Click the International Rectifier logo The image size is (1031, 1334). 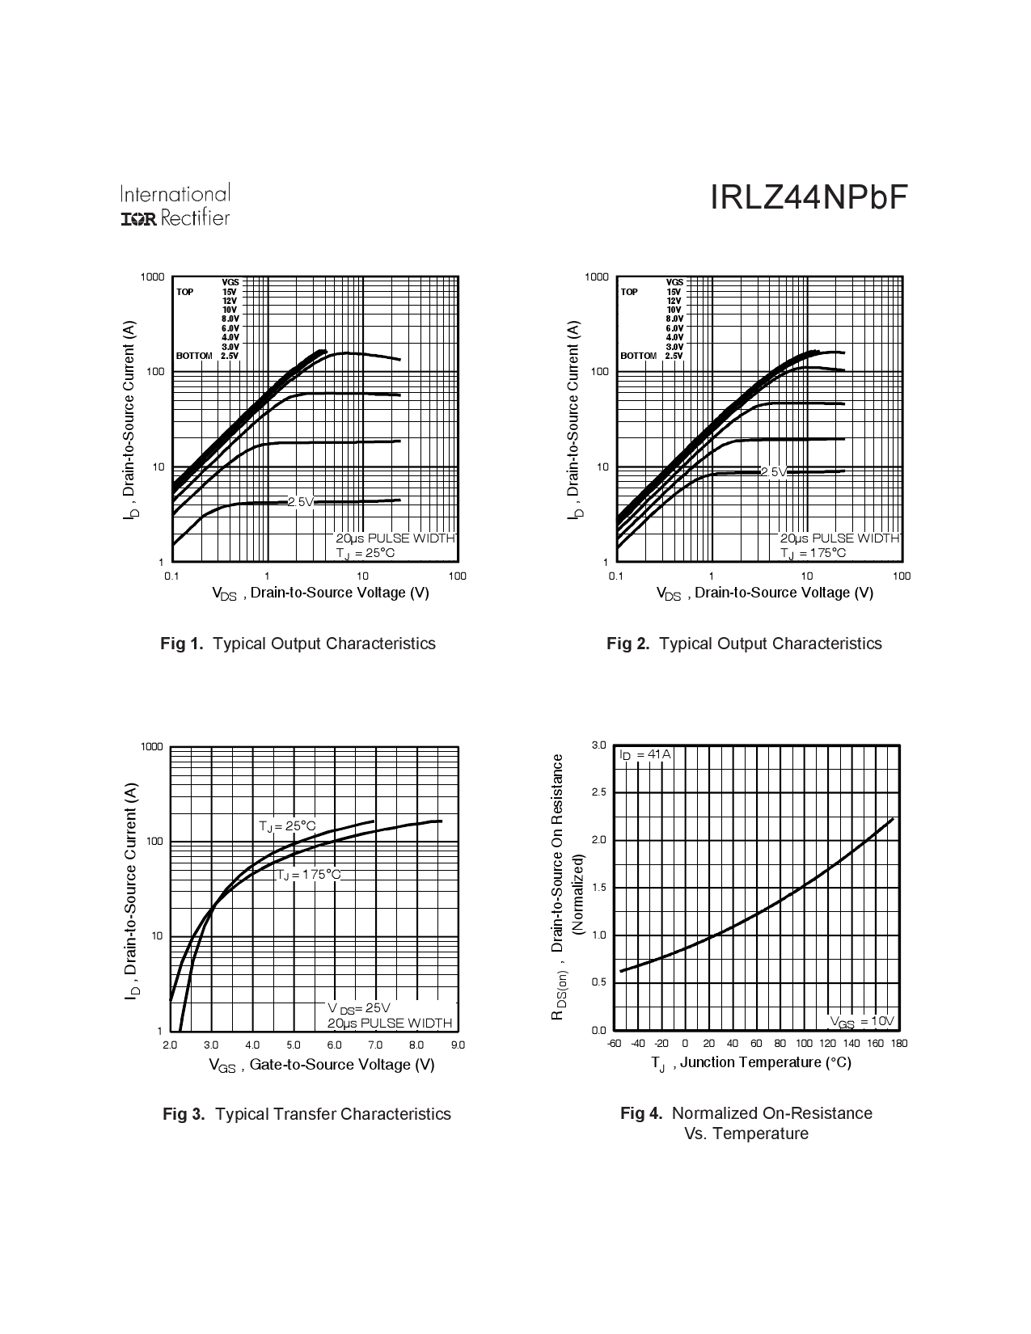175,205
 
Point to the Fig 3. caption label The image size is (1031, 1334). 184,1114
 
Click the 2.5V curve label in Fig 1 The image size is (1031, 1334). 300,502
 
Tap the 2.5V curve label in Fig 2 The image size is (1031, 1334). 773,471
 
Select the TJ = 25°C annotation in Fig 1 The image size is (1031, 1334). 365,553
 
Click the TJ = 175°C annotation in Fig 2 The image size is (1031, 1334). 813,553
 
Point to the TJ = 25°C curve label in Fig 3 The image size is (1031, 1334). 287,826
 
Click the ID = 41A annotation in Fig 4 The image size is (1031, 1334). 644,754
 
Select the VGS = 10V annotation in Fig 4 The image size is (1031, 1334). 861,1022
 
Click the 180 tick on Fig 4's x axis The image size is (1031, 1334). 898,1044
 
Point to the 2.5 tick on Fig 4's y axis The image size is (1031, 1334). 598,792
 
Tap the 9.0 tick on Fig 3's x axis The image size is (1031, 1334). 458,1045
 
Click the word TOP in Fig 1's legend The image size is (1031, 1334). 185,292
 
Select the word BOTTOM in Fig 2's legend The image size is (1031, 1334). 638,356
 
